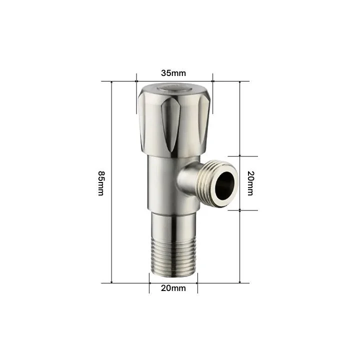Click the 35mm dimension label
tap(173, 72)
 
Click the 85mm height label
tap(101, 183)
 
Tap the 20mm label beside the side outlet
tap(250, 183)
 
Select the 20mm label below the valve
tap(173, 288)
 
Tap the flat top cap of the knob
tap(173, 90)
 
